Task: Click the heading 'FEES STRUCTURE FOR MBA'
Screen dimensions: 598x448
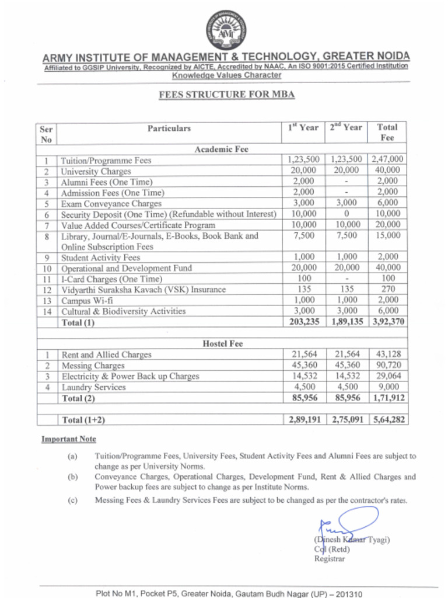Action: click(x=226, y=95)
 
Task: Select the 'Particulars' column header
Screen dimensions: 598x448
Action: click(x=169, y=128)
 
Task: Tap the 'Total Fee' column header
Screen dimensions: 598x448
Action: click(x=387, y=133)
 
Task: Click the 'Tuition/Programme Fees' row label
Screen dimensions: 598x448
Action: click(x=106, y=160)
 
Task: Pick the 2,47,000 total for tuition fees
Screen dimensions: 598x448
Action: click(x=387, y=159)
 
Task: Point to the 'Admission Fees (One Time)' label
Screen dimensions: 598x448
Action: click(x=113, y=192)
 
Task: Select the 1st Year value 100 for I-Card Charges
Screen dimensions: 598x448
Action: click(x=303, y=279)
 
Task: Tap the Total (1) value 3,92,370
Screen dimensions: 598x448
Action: click(x=387, y=322)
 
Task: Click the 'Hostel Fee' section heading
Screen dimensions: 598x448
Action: click(x=222, y=343)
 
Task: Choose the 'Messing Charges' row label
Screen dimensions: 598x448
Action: click(x=93, y=366)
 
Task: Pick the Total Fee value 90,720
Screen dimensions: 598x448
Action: click(x=387, y=365)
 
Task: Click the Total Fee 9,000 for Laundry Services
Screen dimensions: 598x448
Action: click(x=387, y=387)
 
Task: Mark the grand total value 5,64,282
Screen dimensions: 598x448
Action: click(x=387, y=419)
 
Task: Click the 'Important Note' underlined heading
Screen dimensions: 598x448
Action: click(x=68, y=439)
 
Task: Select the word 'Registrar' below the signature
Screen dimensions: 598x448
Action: click(x=330, y=559)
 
